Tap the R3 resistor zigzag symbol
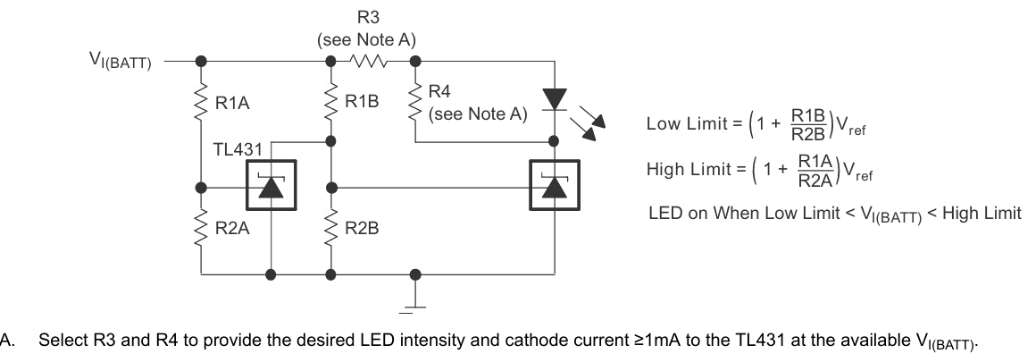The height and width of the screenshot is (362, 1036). (x=370, y=62)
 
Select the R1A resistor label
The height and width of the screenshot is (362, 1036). (x=232, y=104)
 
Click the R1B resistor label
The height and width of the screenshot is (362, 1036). (x=362, y=101)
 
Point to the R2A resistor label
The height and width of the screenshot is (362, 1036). (x=232, y=229)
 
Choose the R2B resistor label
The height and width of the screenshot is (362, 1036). (x=362, y=229)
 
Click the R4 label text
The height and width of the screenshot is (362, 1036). (x=439, y=91)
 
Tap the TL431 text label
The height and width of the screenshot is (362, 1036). (x=238, y=149)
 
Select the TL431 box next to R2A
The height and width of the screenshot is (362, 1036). (x=271, y=185)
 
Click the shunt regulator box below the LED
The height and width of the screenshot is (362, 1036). (x=555, y=185)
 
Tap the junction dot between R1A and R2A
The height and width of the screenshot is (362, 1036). (x=202, y=188)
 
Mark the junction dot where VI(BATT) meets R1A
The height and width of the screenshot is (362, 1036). (x=202, y=62)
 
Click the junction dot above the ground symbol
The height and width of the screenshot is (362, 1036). (x=415, y=274)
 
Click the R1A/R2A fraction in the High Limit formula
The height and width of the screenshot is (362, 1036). (x=815, y=171)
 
